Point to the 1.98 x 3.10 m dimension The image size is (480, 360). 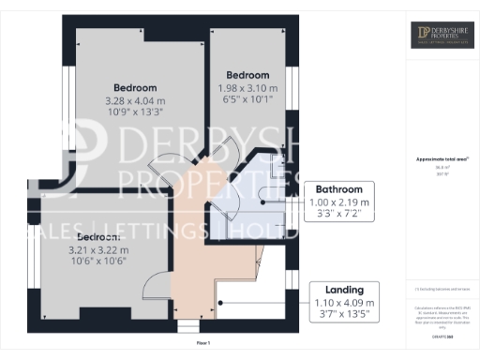click(x=247, y=90)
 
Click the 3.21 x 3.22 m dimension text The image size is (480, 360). click(x=112, y=250)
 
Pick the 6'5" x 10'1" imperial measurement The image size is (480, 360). click(x=247, y=103)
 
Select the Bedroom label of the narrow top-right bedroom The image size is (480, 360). click(x=247, y=76)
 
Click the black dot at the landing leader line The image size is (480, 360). click(x=219, y=303)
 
